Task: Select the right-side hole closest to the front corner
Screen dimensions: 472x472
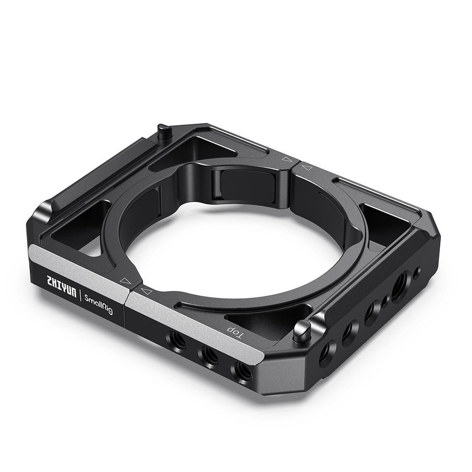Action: tap(327, 347)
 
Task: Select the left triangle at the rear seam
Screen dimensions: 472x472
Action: tap(285, 159)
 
